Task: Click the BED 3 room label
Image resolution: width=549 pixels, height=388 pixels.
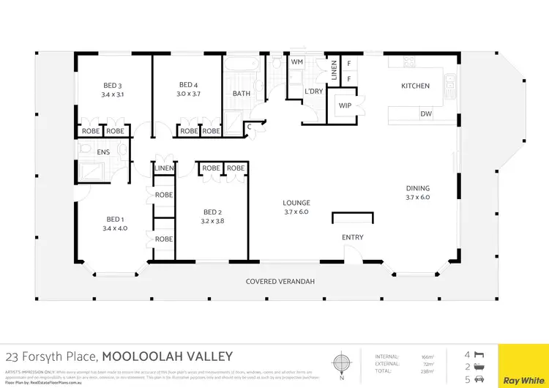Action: pyautogui.click(x=113, y=84)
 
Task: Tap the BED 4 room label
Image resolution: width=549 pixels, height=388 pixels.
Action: pyautogui.click(x=188, y=84)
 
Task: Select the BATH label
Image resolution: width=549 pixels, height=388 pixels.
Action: pyautogui.click(x=242, y=94)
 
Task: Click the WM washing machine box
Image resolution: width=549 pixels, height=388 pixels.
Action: pyautogui.click(x=297, y=62)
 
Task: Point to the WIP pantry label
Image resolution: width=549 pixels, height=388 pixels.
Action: pyautogui.click(x=345, y=106)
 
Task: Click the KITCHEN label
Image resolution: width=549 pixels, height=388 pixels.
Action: pyautogui.click(x=415, y=86)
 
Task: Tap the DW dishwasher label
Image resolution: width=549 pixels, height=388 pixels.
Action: pyautogui.click(x=425, y=113)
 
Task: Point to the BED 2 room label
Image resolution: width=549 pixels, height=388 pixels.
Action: pyautogui.click(x=212, y=213)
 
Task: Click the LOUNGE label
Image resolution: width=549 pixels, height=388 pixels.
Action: pyautogui.click(x=297, y=203)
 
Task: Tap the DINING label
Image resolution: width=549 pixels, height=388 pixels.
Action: pyautogui.click(x=418, y=188)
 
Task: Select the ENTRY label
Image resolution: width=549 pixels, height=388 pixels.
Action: pyautogui.click(x=352, y=237)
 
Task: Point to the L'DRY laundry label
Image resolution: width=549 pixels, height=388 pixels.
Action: pyautogui.click(x=314, y=91)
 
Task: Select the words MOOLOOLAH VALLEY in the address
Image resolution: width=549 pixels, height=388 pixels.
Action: pyautogui.click(x=167, y=357)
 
